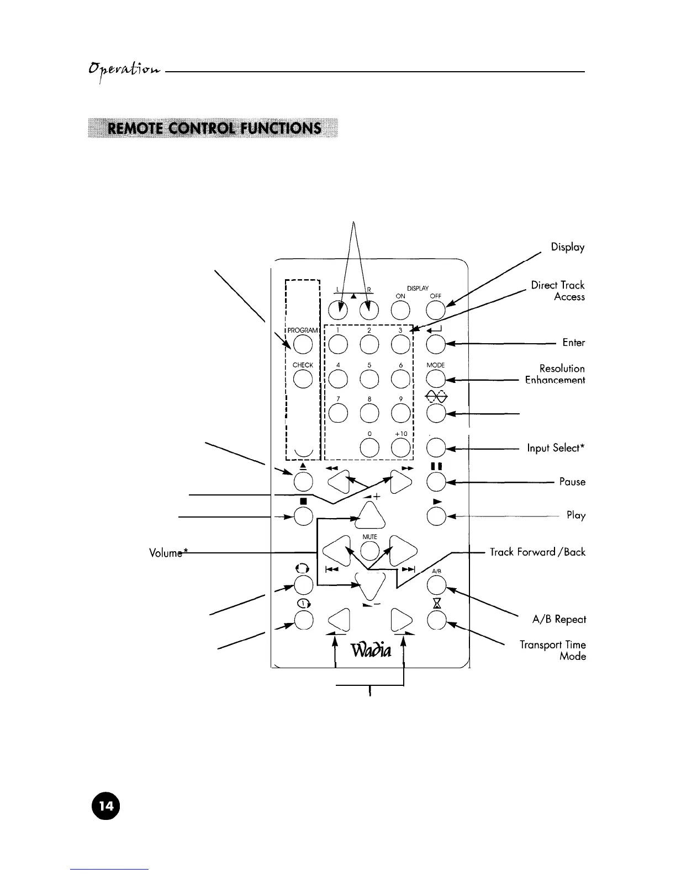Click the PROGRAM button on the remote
click(302, 345)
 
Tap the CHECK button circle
click(302, 379)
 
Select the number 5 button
click(369, 379)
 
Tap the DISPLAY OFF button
click(436, 311)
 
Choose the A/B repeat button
click(436, 584)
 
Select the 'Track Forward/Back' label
click(537, 552)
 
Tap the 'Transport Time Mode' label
click(553, 651)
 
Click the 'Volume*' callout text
click(166, 553)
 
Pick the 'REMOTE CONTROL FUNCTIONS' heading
click(213, 129)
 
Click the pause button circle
click(436, 482)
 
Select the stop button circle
click(303, 516)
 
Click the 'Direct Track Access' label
click(557, 291)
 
